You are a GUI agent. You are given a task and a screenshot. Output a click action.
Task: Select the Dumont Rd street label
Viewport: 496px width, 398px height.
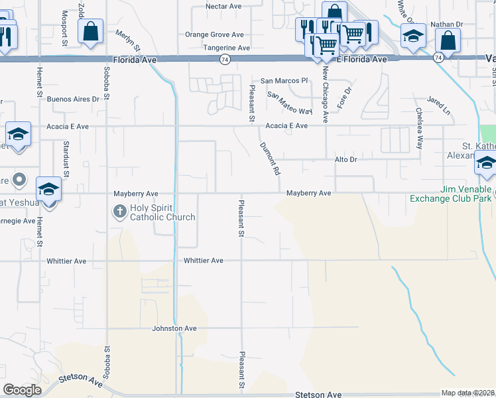tap(269, 158)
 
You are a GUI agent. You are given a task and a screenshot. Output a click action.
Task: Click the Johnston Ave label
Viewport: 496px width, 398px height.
tap(174, 328)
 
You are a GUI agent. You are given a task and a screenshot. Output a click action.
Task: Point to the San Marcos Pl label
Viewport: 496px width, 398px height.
tap(284, 80)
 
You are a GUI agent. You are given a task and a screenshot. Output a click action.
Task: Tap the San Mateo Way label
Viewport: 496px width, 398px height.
tap(289, 103)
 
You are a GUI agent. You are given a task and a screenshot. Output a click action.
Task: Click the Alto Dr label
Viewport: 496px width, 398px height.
tap(345, 160)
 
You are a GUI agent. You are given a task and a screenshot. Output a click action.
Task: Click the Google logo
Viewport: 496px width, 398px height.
tap(22, 390)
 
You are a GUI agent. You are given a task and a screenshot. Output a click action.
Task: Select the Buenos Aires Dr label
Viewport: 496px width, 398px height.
tap(78, 99)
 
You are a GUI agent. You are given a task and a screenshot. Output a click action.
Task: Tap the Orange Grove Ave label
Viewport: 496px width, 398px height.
tap(214, 34)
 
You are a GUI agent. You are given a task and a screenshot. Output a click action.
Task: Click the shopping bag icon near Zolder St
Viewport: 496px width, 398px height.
tap(90, 31)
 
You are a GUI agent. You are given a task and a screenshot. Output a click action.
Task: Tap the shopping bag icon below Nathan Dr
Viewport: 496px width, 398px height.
tap(449, 40)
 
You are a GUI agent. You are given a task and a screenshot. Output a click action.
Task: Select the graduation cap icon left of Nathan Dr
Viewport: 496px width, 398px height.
tap(413, 36)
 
